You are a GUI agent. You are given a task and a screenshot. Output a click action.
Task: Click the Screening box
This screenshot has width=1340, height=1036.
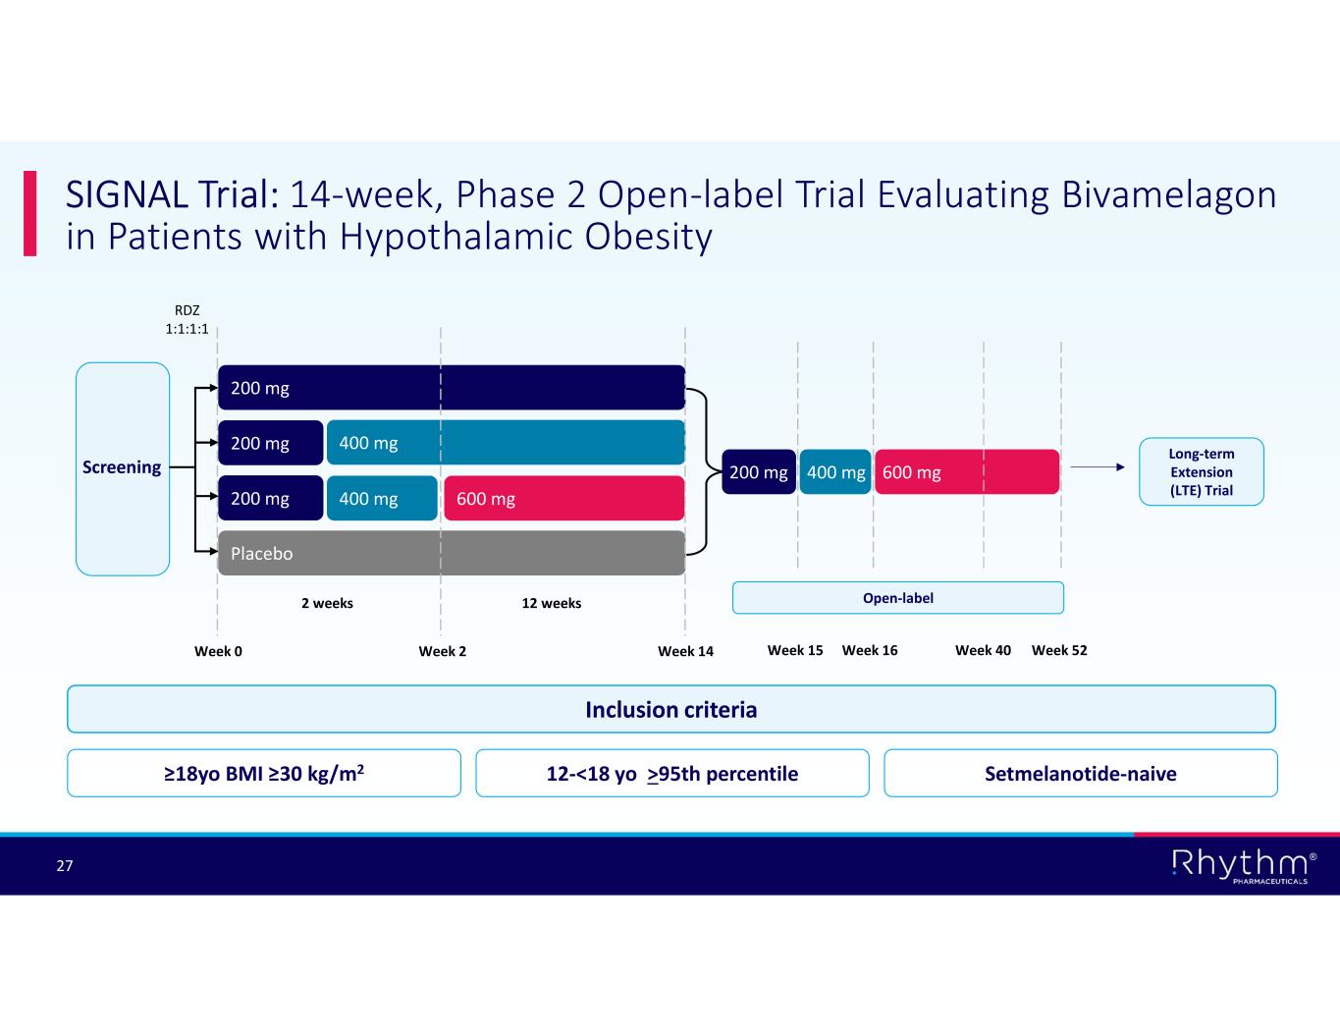point(123,468)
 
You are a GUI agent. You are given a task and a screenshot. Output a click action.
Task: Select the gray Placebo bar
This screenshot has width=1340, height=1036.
point(451,553)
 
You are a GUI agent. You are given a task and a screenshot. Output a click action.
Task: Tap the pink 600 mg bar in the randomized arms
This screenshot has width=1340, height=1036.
point(563,498)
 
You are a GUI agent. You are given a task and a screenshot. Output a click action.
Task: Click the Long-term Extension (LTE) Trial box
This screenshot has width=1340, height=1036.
point(1201,471)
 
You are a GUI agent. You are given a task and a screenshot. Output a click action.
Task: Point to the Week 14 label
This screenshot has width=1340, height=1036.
point(685,651)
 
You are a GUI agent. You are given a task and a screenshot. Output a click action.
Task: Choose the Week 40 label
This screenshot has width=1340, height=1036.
point(983,650)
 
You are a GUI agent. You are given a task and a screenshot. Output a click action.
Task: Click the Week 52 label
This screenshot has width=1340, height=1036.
point(1059,650)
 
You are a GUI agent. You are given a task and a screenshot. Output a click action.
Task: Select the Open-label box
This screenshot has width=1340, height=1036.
point(897,598)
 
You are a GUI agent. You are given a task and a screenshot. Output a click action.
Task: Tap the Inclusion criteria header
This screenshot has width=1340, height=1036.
point(670,709)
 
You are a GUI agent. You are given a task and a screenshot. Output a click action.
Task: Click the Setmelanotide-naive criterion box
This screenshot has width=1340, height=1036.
point(1080,773)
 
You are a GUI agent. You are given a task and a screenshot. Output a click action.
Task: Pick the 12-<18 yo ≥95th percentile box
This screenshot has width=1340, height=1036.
point(671,773)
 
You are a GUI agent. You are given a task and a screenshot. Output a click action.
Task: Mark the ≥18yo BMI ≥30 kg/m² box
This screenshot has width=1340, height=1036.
point(263,773)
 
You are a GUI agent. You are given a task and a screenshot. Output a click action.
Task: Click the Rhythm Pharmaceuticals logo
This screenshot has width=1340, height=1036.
point(1243,865)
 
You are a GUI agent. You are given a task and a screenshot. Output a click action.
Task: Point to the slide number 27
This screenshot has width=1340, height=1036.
point(65,865)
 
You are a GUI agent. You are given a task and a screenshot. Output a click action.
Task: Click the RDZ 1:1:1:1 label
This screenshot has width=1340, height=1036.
point(187,320)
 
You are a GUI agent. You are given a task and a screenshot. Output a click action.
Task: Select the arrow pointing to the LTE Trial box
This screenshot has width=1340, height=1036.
point(1097,467)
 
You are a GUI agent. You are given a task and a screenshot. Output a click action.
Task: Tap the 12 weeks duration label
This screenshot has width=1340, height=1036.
point(551,603)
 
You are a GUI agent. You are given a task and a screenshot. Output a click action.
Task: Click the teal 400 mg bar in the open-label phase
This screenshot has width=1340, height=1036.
point(835,472)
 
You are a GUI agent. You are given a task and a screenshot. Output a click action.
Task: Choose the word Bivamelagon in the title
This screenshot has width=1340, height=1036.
point(1168,194)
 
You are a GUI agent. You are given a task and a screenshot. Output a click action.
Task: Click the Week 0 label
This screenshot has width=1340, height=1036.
point(218,651)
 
